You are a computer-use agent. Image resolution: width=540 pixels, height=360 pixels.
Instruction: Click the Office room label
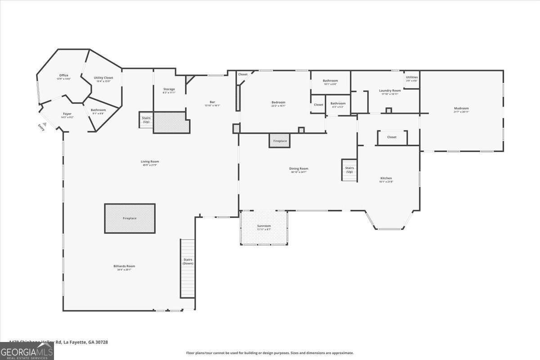point(63,76)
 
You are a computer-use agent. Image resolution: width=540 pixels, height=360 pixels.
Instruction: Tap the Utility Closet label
point(103,78)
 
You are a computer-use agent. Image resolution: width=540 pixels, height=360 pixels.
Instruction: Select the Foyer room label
point(67,114)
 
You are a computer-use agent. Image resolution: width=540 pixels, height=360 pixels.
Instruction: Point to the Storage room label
point(169,90)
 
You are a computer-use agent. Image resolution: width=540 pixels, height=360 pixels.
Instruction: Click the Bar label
point(212,102)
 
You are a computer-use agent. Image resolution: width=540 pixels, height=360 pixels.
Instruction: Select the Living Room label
point(149,162)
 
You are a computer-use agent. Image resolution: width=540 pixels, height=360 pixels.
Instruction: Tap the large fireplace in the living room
point(130,218)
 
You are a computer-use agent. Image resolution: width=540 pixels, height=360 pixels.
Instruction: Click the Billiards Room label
point(124,266)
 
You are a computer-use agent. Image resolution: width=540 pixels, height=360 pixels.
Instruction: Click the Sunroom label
point(264,226)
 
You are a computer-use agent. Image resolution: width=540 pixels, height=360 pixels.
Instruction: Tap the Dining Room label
point(298,169)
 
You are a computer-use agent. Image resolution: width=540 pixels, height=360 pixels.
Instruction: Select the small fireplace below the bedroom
point(279,141)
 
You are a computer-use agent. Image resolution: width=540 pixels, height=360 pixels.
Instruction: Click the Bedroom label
point(278,103)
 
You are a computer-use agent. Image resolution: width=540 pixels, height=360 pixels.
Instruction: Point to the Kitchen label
point(386,179)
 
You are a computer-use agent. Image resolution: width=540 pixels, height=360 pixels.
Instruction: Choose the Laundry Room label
point(390,91)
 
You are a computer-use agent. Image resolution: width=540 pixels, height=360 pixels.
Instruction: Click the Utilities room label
point(411,78)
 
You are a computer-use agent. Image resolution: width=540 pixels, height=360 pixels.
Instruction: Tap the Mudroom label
point(461,109)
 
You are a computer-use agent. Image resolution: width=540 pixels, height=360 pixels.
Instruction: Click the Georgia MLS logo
point(27,351)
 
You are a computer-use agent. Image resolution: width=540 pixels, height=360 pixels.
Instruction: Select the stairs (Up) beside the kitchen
point(349,170)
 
